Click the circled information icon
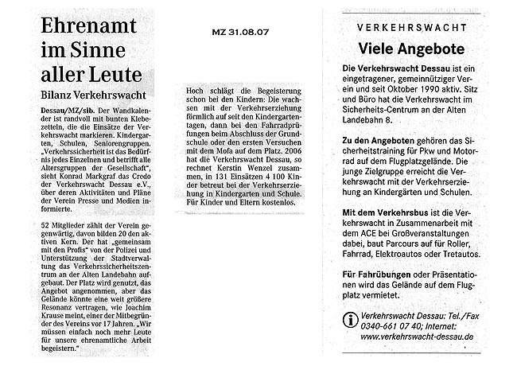point(349,319)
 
